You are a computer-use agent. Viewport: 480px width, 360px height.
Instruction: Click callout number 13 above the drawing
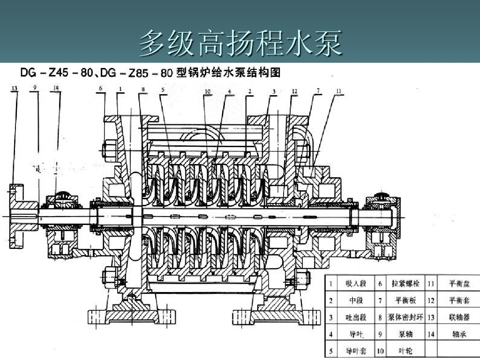pyautogui.click(x=15, y=88)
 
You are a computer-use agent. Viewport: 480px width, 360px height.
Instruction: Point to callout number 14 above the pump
pyautogui.click(x=57, y=88)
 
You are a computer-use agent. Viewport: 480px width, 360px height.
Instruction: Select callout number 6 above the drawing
pyautogui.click(x=100, y=88)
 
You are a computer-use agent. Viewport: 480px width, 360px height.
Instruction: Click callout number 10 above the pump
pyautogui.click(x=207, y=91)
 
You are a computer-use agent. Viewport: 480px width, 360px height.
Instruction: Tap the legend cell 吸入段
pyautogui.click(x=356, y=284)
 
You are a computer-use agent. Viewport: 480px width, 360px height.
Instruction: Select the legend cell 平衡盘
pyautogui.click(x=458, y=284)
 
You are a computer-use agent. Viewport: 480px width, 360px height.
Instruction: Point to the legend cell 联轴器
pyautogui.click(x=458, y=317)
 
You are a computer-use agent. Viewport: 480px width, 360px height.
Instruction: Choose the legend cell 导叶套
pyautogui.click(x=356, y=351)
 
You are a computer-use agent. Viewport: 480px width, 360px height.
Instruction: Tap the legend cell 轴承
pyautogui.click(x=458, y=334)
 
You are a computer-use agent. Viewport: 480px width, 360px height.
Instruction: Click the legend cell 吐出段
pyautogui.click(x=356, y=317)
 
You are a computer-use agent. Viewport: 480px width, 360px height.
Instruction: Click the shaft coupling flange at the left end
pyautogui.click(x=21, y=216)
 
